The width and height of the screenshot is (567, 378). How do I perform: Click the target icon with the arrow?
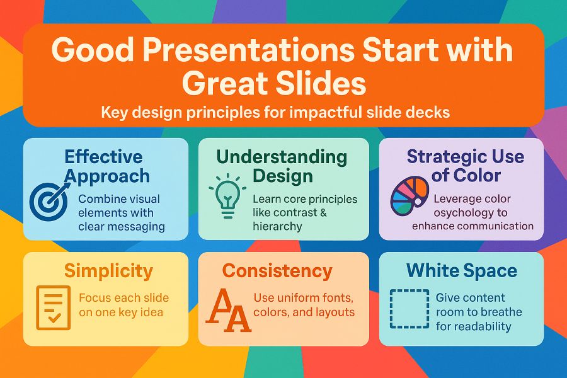click(49, 202)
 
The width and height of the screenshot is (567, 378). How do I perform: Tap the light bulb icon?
click(227, 197)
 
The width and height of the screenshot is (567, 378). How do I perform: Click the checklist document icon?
click(53, 308)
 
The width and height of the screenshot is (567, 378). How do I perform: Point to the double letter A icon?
click(229, 311)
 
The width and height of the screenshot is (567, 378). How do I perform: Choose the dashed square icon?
click(409, 309)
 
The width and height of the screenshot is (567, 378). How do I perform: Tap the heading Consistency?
click(277, 271)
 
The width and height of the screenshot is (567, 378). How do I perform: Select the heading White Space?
click(462, 270)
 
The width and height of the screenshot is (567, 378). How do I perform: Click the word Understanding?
click(282, 157)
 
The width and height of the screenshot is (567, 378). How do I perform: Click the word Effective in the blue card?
click(103, 157)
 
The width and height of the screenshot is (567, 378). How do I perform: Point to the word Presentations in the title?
click(248, 50)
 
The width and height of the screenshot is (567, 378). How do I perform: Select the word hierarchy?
click(277, 226)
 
